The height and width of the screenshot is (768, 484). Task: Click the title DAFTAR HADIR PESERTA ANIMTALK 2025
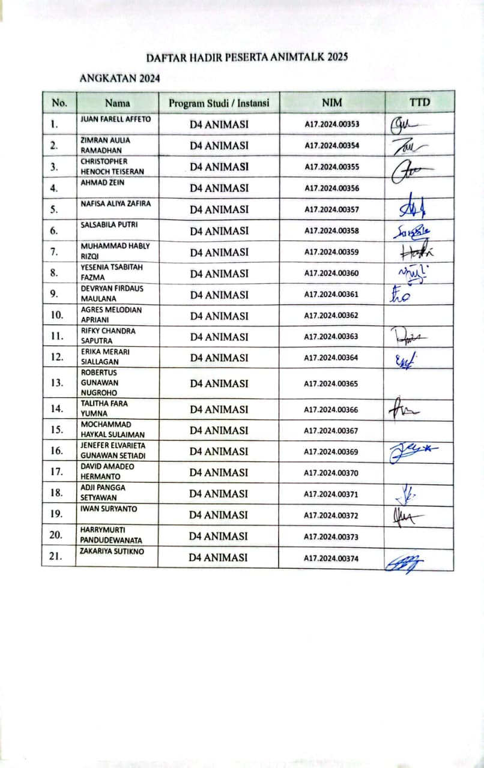pos(247,58)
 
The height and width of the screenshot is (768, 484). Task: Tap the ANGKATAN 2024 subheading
pos(119,78)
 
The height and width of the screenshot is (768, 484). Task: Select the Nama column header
pos(117,103)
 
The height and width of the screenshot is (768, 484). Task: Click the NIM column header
pos(331,103)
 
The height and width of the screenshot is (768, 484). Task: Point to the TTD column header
pos(419,103)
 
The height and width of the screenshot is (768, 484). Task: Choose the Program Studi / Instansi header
pos(219,103)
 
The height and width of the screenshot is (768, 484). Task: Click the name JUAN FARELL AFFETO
pos(115,119)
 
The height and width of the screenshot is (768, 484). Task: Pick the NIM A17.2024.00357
pos(331,209)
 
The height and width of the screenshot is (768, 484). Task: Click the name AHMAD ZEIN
pos(103,182)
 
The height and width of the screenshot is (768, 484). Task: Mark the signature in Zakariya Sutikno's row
pos(405,562)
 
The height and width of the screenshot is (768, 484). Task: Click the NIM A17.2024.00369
pos(331,452)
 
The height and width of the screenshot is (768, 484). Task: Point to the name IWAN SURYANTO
pos(109,509)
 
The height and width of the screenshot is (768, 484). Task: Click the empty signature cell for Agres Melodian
pos(419,316)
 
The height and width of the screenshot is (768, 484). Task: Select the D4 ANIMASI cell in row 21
pos(219,557)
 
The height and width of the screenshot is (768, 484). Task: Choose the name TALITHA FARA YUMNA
pos(104,408)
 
